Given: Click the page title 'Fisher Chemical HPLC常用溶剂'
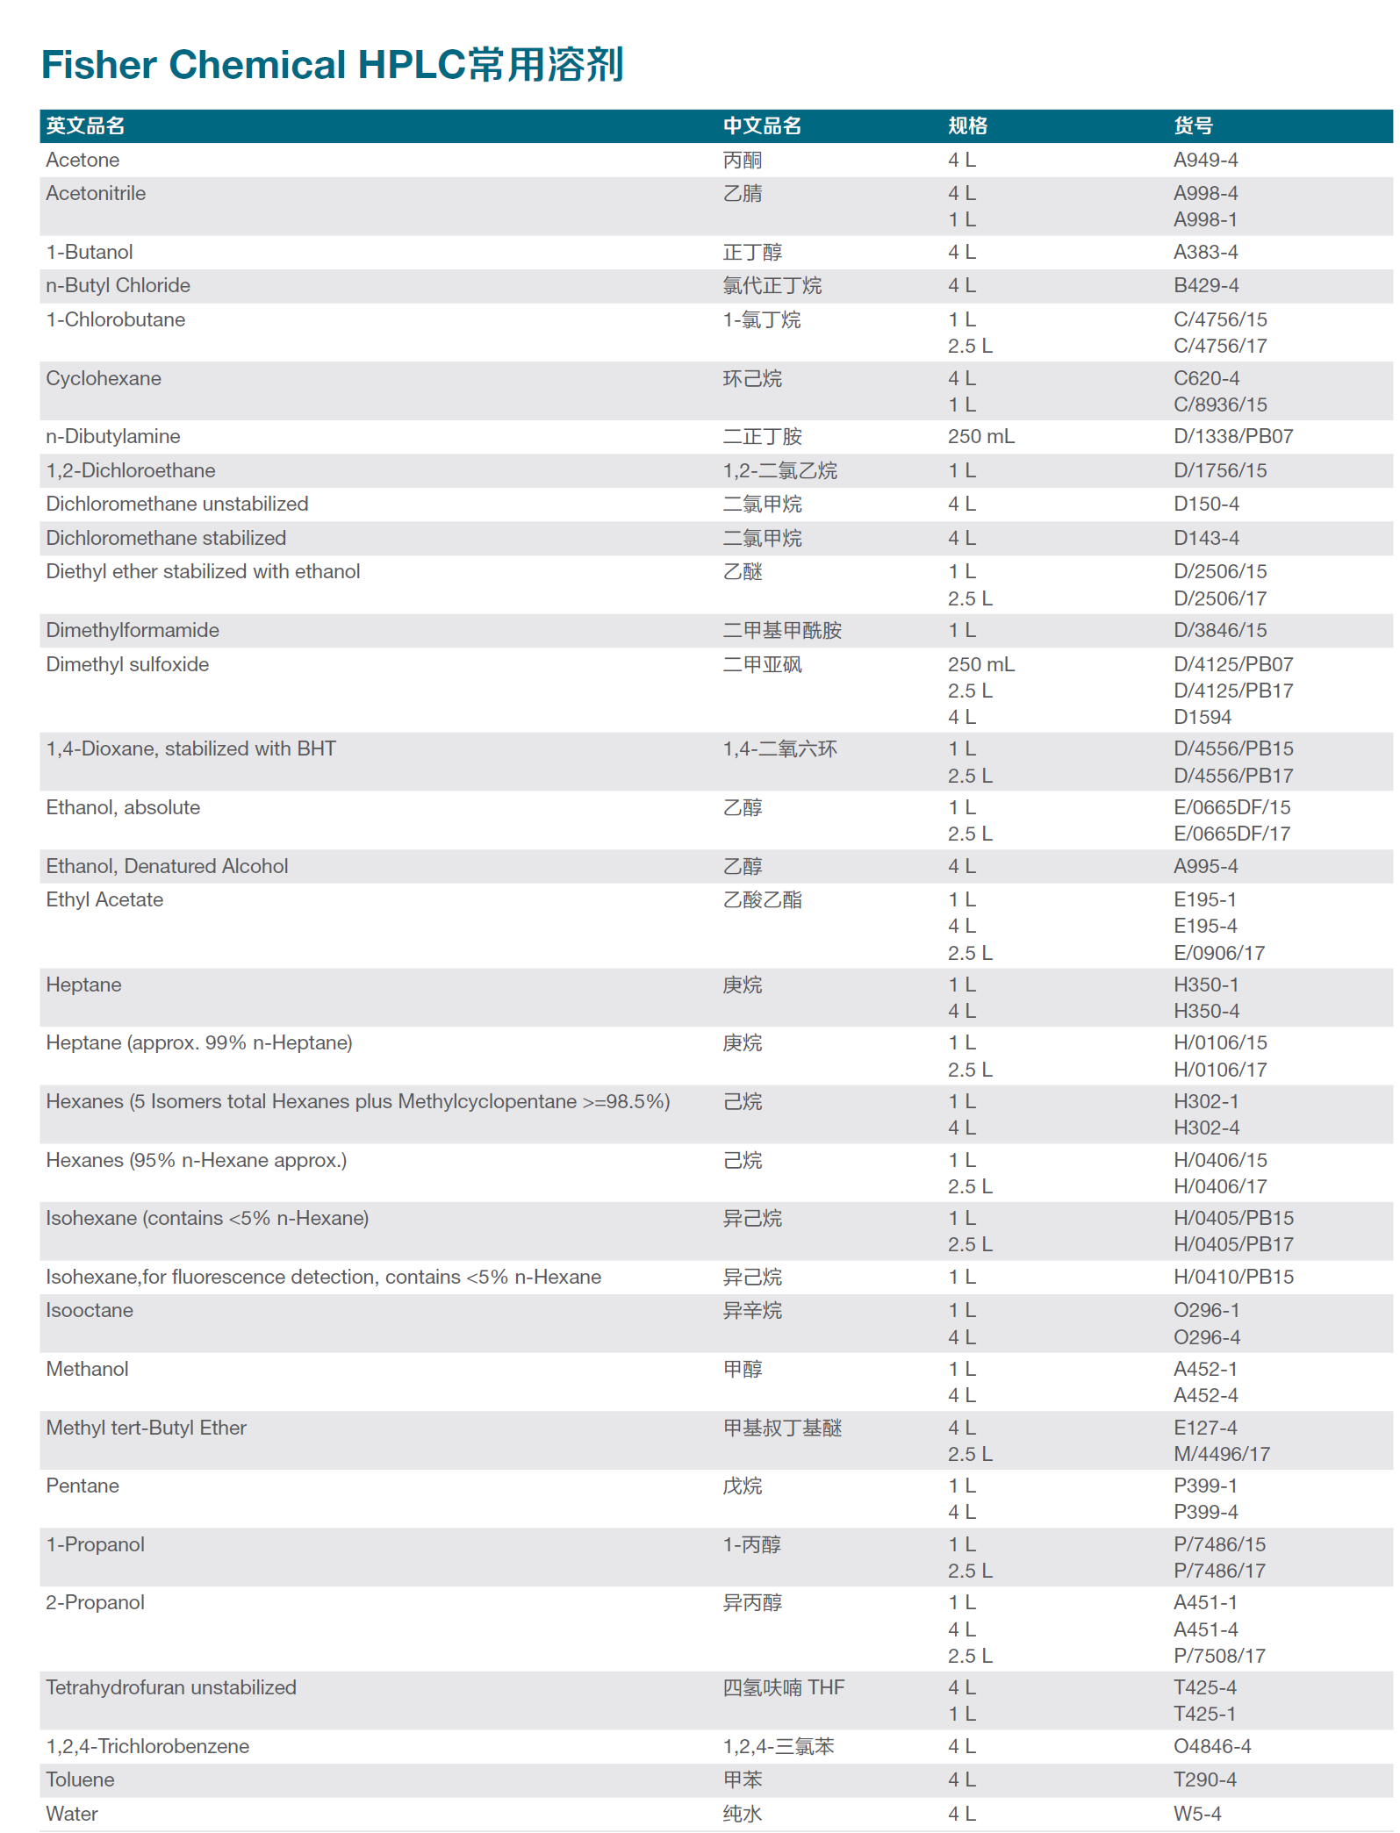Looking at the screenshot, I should [332, 65].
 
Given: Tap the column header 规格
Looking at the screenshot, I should [967, 126].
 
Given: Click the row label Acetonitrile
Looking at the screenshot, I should [96, 194].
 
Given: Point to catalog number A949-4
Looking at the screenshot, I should [1205, 161].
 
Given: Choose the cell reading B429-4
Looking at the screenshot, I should [1206, 286].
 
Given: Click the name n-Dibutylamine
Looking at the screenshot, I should [113, 437].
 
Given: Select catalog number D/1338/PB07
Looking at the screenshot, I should [1232, 437].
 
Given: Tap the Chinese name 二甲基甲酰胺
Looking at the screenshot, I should [781, 631].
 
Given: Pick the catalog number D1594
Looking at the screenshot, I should [1202, 718].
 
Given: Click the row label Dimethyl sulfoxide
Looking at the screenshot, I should [127, 665].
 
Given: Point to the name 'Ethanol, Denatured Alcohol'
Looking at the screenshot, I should [167, 867].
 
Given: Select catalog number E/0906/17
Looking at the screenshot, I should [1218, 954].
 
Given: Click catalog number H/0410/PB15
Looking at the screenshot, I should [1233, 1278].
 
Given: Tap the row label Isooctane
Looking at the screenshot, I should [90, 1311].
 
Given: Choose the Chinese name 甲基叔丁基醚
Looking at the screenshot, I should [781, 1428].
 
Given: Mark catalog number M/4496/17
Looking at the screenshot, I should [1221, 1455].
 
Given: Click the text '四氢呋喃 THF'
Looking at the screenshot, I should [783, 1688].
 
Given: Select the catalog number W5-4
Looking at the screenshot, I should [1196, 1815].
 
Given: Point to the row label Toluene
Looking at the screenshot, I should [80, 1780].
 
